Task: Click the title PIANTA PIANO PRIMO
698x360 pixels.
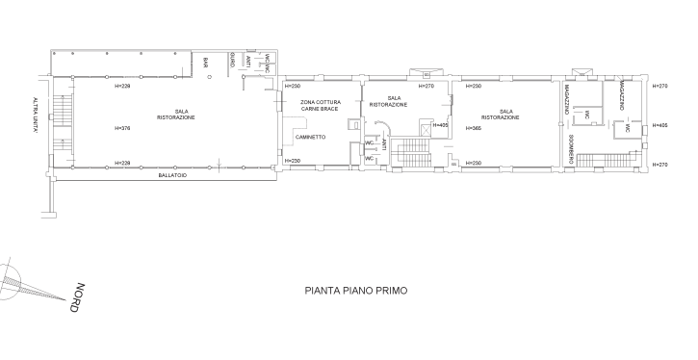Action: point(355,291)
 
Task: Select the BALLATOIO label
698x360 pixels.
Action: point(172,175)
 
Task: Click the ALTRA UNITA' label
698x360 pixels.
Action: point(35,116)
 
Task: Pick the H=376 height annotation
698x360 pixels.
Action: point(122,128)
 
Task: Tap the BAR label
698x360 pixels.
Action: point(206,63)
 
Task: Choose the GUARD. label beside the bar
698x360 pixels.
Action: point(232,60)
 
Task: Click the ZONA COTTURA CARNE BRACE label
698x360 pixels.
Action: point(321,106)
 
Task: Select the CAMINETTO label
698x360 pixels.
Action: point(310,137)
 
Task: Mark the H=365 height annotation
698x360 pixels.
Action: point(474,128)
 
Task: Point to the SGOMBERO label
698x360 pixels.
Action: point(571,149)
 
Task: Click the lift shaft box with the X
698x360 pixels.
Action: point(426,130)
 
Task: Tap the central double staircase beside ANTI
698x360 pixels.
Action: point(410,153)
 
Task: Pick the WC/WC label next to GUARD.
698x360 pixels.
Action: point(267,64)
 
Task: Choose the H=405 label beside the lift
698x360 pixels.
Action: point(440,125)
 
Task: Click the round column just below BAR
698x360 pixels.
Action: point(210,77)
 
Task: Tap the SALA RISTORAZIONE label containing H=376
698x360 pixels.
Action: point(176,115)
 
